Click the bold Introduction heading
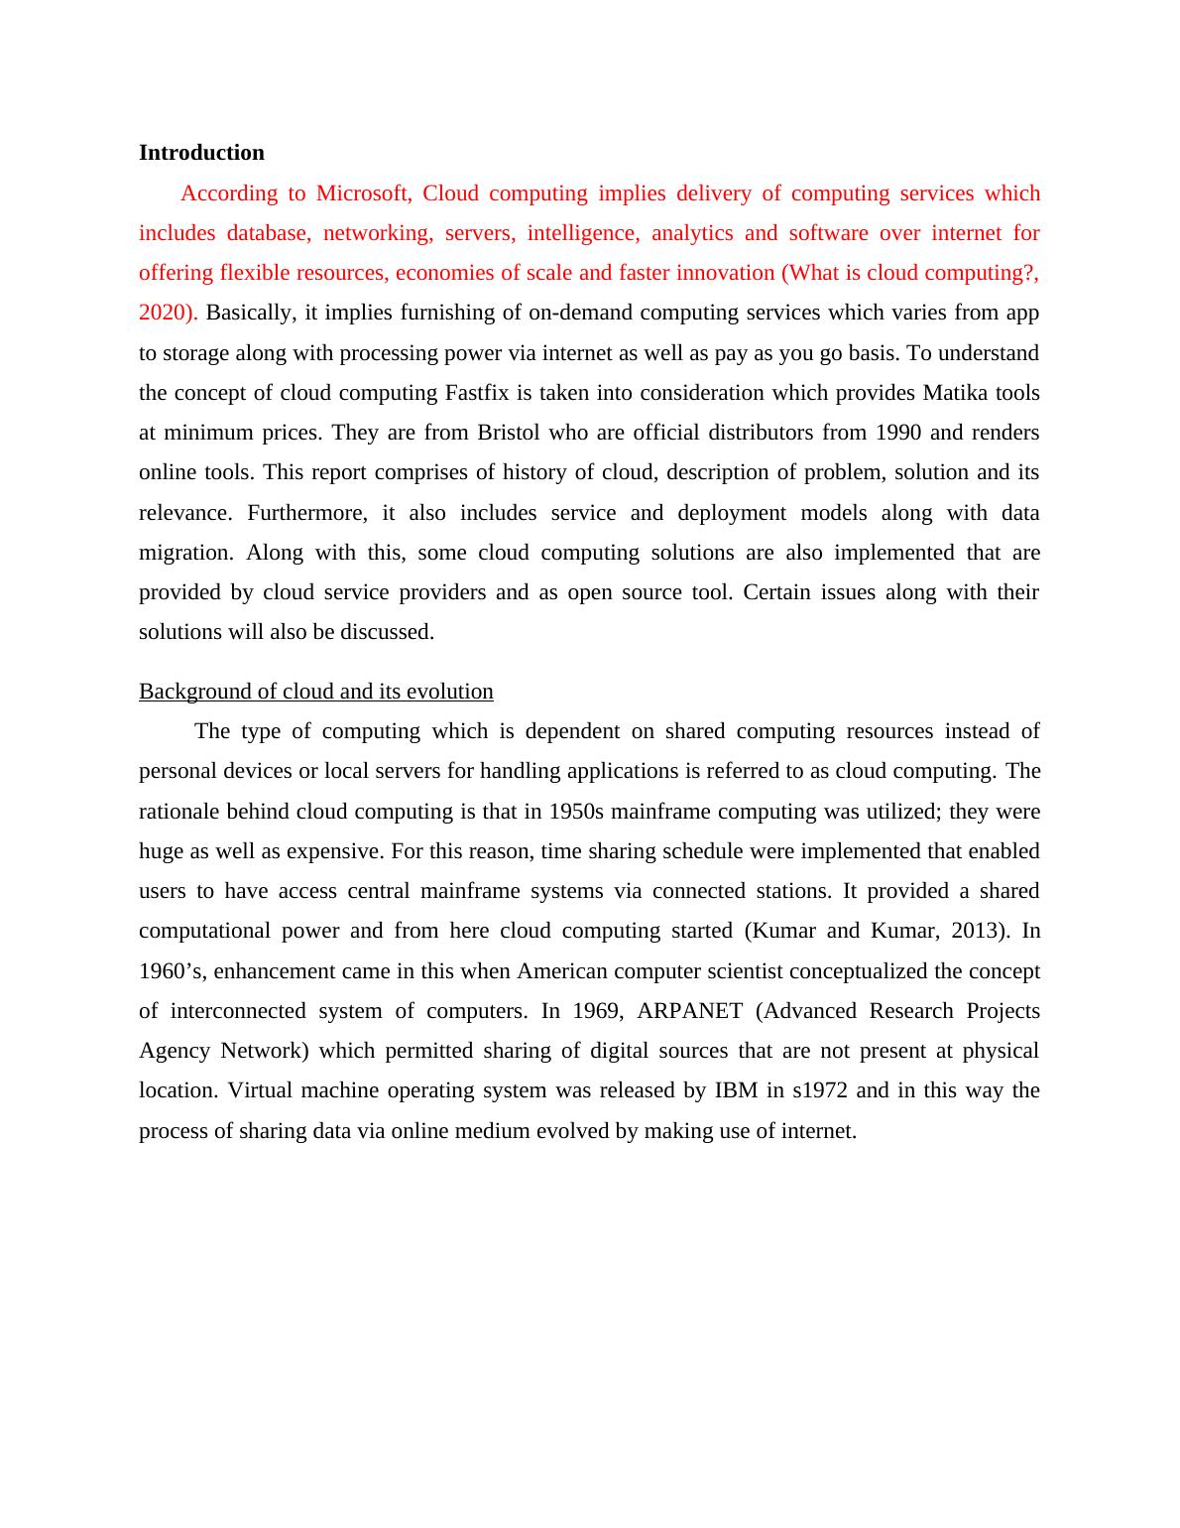(x=201, y=153)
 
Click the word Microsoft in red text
(x=363, y=193)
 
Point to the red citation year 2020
(x=166, y=313)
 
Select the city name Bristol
(x=510, y=433)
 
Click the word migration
(x=185, y=553)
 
